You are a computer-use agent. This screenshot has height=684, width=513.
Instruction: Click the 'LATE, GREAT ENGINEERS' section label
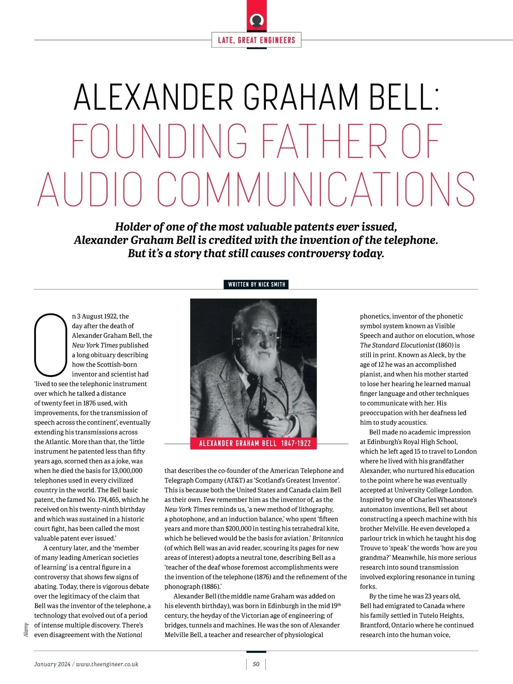click(256, 40)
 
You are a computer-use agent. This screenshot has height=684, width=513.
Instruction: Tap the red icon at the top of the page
click(256, 20)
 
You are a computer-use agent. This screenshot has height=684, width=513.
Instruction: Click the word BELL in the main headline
click(405, 97)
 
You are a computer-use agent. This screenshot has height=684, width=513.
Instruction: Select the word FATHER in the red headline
click(324, 141)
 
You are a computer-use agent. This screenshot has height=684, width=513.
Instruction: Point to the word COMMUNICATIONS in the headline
click(316, 189)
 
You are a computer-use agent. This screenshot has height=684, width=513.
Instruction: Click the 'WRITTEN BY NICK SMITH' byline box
click(256, 285)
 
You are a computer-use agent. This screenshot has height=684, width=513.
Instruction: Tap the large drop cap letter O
click(51, 345)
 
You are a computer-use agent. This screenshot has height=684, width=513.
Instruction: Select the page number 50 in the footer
click(256, 664)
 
